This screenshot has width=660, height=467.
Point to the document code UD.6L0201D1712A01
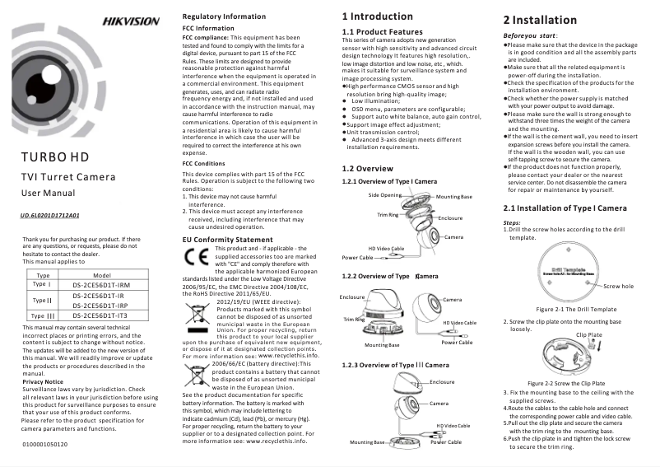[49, 215]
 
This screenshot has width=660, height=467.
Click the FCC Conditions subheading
[203, 163]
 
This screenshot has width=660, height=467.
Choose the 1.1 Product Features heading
[382, 31]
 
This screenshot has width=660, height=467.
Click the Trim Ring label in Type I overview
[388, 213]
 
